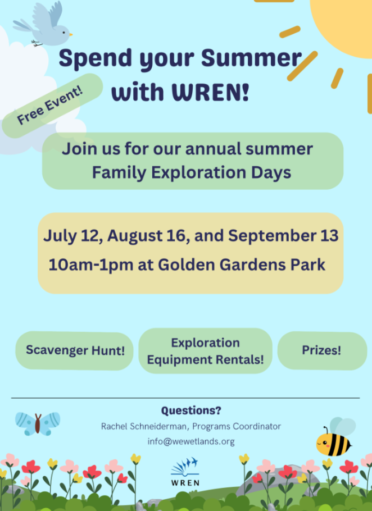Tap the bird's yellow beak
pos(70,34)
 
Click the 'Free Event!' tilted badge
pos(52,105)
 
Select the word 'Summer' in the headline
pos(251,58)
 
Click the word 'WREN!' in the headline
pos(210,92)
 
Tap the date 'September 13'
pos(283,235)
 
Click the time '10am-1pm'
pos(91,264)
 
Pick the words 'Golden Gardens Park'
pos(242,264)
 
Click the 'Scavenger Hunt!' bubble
pos(74,350)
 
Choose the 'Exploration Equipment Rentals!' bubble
pos(206,351)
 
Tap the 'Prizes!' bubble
pos(322,350)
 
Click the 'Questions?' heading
pos(191,410)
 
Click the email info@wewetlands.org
pos(191,441)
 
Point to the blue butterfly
pos(38,423)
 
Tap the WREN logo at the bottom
pos(185,472)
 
